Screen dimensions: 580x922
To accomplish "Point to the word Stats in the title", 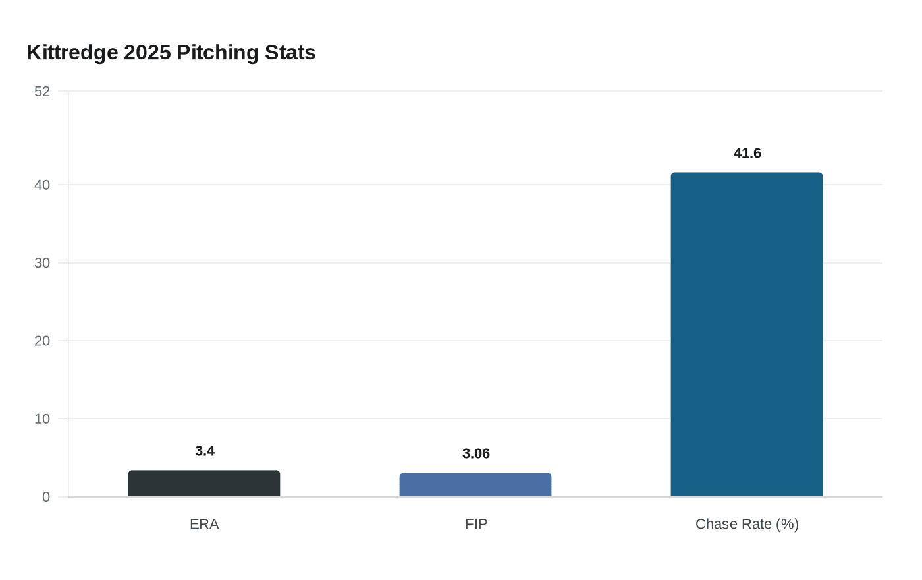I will (x=290, y=53).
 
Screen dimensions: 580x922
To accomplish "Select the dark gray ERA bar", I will (x=204, y=484).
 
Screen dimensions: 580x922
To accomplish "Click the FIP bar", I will (x=475, y=485).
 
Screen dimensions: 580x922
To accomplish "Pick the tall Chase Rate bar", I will (x=747, y=335).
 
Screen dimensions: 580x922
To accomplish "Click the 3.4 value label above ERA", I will (x=205, y=451).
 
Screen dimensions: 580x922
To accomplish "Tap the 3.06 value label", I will (x=476, y=454).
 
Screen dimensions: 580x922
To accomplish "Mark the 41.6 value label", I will (x=747, y=154).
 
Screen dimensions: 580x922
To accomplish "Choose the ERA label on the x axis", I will (x=204, y=525).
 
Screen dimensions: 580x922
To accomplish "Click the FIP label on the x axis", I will (x=476, y=525).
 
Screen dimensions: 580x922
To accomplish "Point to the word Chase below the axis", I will (x=714, y=525).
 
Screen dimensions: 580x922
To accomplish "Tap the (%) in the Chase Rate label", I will (x=787, y=525).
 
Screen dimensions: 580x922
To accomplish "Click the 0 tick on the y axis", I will (x=46, y=497).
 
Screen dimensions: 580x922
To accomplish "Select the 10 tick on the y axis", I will (x=42, y=419).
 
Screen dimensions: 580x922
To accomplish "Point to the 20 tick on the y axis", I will (x=42, y=341).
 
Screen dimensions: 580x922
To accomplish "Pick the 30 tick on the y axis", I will (x=42, y=263).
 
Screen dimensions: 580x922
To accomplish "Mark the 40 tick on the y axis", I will (x=42, y=185).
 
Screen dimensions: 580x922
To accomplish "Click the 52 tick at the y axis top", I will (x=42, y=92).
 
